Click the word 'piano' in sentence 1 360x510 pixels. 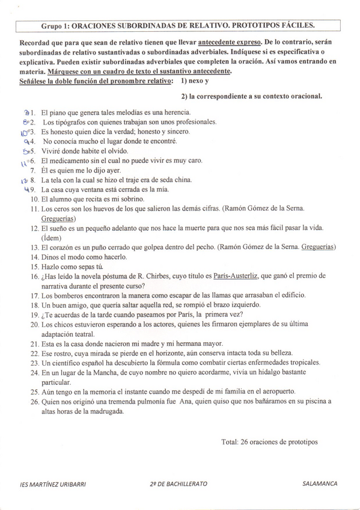(59, 112)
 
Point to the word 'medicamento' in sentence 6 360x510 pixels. (69, 161)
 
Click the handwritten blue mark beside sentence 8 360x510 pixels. (24, 180)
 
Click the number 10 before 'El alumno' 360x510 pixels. (34, 199)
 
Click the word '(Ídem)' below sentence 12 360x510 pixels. (52, 238)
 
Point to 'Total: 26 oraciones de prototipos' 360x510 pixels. (269, 442)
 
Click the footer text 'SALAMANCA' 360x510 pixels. (320, 484)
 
